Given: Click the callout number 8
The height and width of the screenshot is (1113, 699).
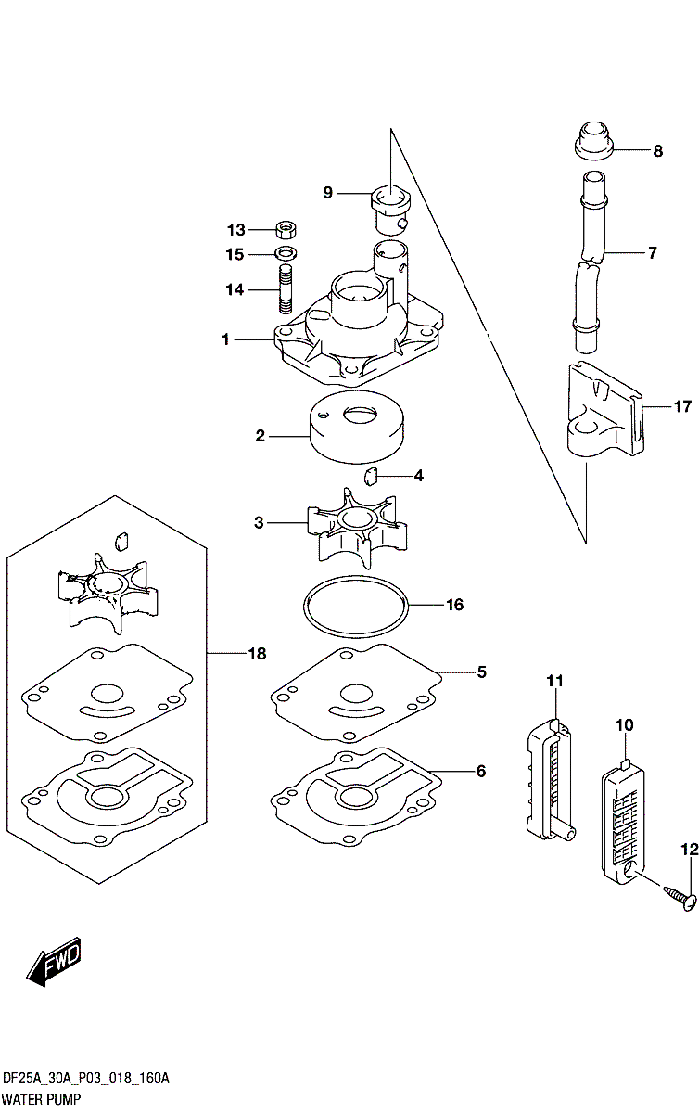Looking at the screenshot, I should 657,151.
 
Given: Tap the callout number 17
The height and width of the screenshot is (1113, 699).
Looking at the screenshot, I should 683,405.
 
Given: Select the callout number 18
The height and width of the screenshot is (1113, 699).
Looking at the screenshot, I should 256,654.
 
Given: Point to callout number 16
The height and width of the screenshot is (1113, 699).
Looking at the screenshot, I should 454,605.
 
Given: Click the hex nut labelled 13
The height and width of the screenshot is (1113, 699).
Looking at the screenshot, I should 286,229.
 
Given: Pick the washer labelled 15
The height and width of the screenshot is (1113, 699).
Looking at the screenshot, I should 286,253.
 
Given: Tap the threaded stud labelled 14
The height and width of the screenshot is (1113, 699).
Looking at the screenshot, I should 286,290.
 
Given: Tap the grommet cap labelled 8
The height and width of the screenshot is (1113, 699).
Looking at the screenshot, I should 590,141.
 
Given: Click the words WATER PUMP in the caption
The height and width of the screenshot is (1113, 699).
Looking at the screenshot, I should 41,1099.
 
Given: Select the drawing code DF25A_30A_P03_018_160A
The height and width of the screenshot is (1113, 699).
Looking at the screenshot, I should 85,1079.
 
